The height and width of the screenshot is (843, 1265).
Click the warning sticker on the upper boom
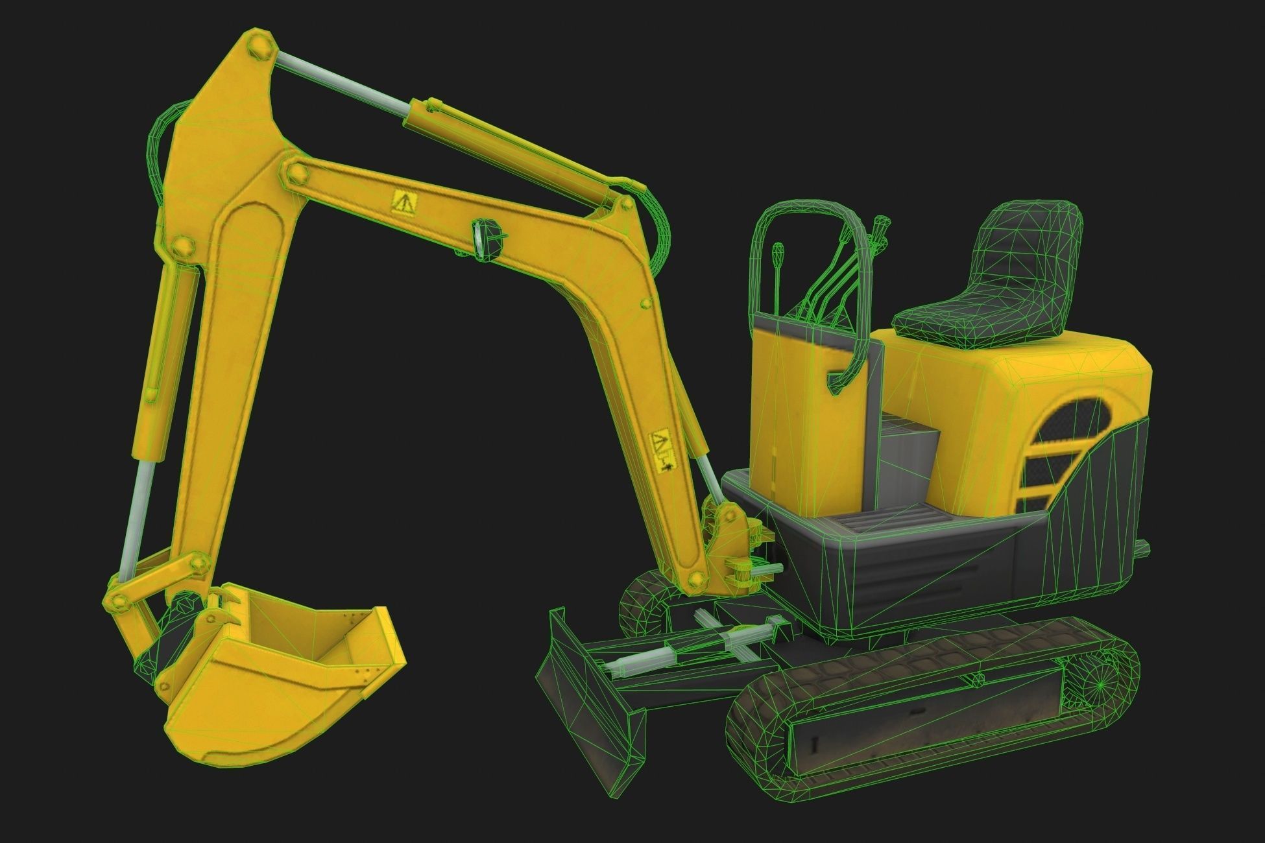point(401,202)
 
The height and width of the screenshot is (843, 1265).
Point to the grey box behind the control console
point(908,454)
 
